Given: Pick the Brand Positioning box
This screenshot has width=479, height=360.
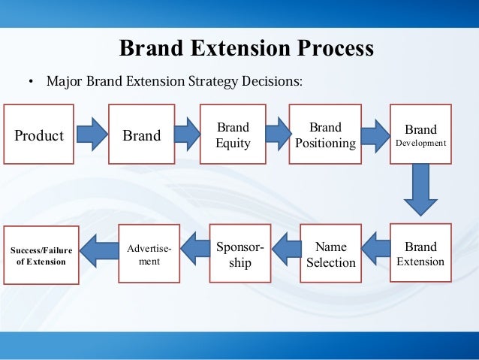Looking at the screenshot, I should [325, 135].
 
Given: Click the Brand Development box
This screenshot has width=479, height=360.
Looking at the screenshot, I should [420, 135].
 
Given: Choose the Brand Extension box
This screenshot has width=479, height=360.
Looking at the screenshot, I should [420, 253].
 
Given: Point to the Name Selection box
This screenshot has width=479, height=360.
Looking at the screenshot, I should [330, 253].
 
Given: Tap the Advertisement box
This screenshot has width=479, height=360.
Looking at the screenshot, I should [149, 253].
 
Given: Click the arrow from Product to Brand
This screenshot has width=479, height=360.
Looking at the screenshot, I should [92, 135].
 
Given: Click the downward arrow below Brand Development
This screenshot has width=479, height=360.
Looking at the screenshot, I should [420, 192].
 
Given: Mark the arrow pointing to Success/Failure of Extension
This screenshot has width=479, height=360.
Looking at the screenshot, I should [99, 250].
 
